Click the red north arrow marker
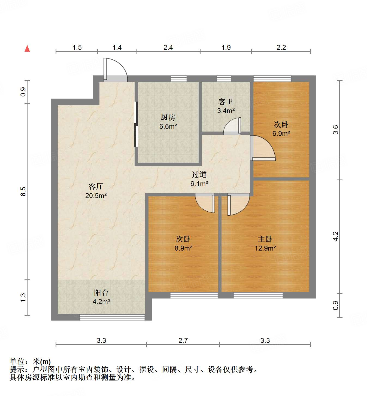pos(27,48)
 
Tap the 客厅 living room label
pos(96,186)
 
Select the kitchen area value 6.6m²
pos(168,126)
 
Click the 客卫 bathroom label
pos(226,102)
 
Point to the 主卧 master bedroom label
pos(265,239)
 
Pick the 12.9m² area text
pos(265,248)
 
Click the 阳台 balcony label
pos(101,293)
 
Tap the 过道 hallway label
pos(199,175)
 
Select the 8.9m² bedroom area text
pos(183,248)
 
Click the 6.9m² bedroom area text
pos(281,134)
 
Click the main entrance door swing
pos(116,70)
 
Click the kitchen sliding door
pos(136,124)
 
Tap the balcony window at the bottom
pos(112,317)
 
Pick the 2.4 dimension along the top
pos(168,48)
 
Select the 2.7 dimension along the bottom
pos(183,340)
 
